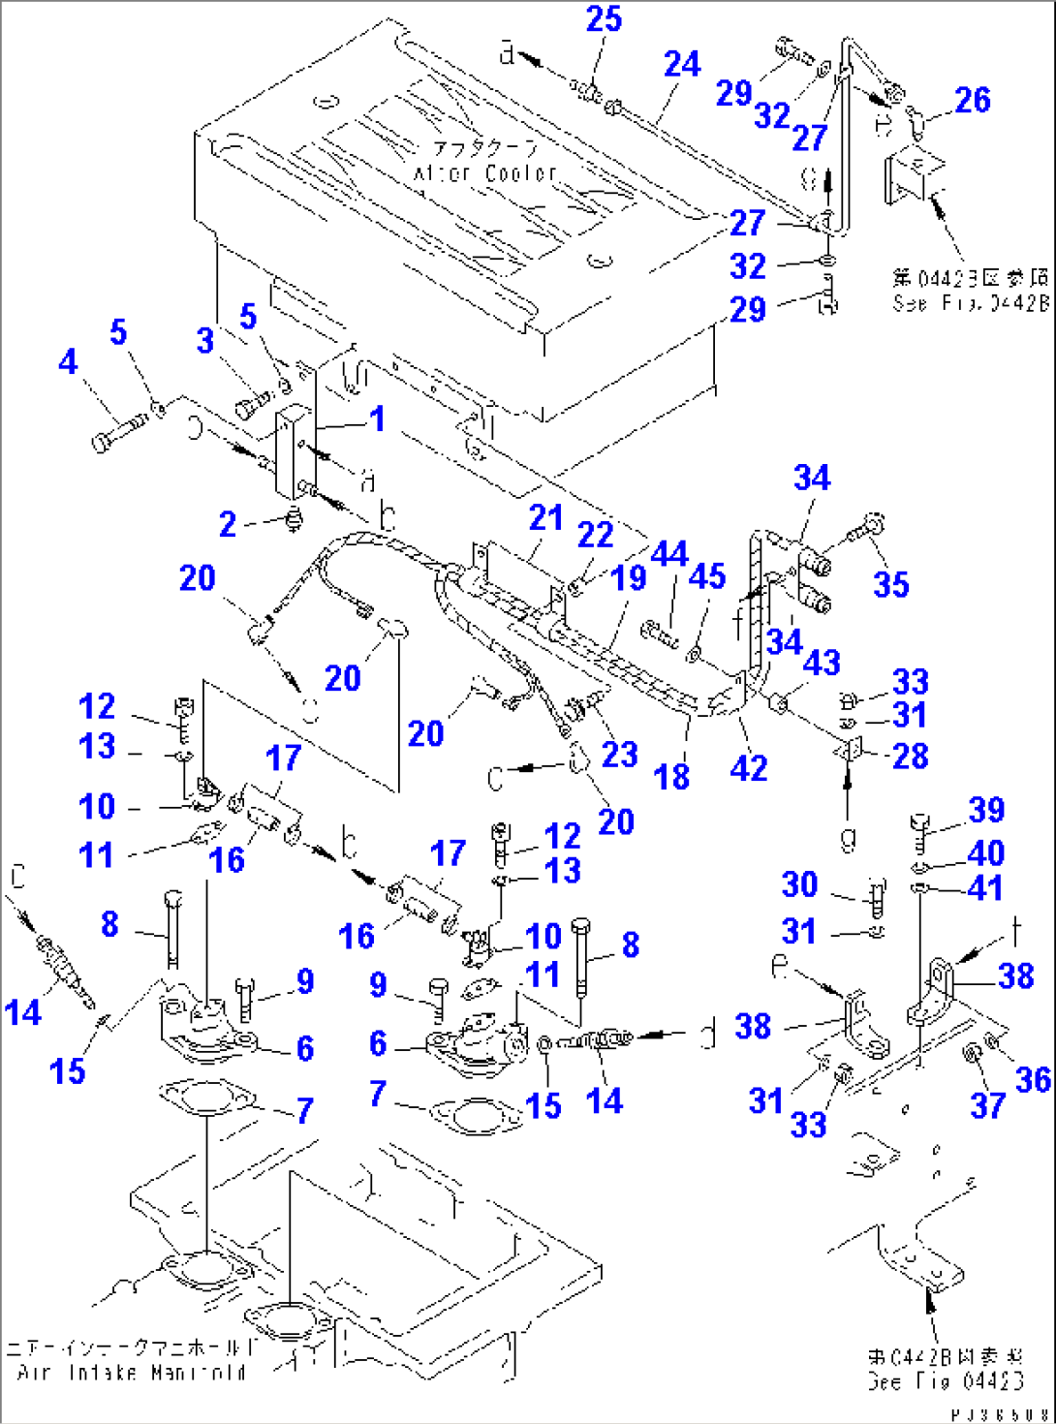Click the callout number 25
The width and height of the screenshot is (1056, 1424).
604,19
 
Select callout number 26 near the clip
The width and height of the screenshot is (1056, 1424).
972,100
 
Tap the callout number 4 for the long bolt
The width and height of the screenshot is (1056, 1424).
67,362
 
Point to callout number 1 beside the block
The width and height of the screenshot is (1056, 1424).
377,418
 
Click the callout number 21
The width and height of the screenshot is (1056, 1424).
545,518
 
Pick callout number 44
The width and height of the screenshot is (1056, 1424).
668,554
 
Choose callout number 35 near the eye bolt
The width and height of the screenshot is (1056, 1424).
890,584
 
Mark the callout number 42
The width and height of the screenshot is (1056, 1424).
748,768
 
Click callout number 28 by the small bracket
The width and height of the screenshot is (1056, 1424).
910,756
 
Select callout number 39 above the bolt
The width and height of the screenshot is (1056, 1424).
986,810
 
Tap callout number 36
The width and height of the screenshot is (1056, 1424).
1032,1079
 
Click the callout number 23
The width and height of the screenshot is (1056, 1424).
619,755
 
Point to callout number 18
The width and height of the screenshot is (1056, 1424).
671,777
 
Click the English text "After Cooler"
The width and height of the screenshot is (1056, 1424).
485,173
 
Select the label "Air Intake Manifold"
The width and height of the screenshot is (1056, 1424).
132,1373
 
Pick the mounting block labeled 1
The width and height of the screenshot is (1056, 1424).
294,451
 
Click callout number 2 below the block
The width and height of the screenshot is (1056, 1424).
228,525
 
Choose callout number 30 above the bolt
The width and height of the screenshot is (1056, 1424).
799,884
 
